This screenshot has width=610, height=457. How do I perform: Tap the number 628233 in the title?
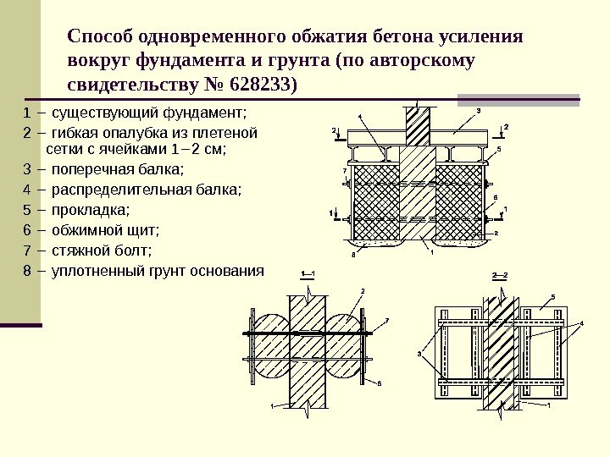(261, 85)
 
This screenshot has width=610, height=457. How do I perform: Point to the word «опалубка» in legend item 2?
(127, 133)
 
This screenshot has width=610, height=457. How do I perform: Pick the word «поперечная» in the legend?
(87, 169)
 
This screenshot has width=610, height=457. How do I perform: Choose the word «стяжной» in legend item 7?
(79, 251)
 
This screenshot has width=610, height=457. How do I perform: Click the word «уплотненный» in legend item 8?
(92, 271)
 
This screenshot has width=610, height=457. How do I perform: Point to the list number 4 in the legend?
(26, 190)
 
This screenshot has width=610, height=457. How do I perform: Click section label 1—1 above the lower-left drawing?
(308, 274)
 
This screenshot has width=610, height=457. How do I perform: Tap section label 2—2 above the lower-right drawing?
(499, 275)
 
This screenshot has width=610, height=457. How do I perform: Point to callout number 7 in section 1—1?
(386, 320)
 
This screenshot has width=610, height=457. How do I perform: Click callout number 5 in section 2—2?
(552, 296)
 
